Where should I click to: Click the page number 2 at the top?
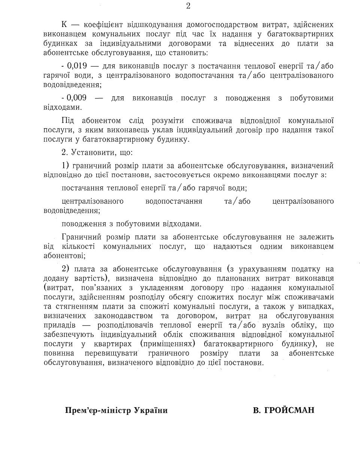pos(188,6)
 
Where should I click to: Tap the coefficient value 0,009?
pos(77,98)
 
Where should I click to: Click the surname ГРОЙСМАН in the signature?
pos(284,410)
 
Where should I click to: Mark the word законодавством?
pos(130,315)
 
